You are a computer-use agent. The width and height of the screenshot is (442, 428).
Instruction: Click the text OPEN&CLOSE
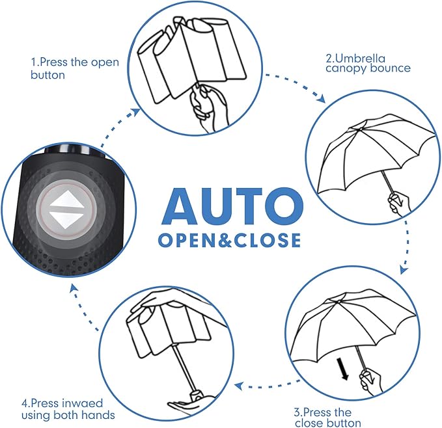tap(229, 240)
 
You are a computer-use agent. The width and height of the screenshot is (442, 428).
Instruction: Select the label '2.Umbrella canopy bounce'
tap(368, 62)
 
